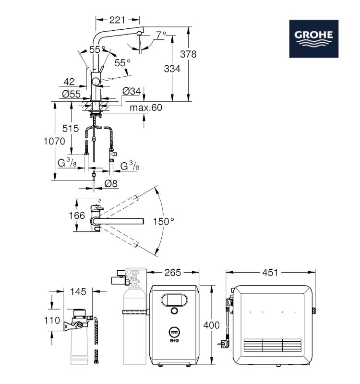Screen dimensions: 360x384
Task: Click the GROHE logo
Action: click(314, 39)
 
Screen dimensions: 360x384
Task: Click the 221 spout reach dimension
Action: click(117, 20)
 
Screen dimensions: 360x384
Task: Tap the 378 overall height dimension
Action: click(188, 54)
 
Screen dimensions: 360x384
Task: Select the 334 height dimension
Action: click(172, 69)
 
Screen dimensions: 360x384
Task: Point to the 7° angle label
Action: click(161, 35)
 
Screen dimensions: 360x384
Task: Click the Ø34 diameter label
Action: click(132, 91)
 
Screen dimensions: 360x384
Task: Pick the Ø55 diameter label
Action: click(71, 94)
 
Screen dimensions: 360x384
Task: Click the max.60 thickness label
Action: click(146, 108)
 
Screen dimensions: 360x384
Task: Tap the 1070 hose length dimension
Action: click(54, 141)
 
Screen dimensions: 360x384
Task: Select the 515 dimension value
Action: click(71, 128)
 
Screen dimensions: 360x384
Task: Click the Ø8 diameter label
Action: click(111, 183)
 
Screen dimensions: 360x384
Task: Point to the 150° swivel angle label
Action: click(163, 222)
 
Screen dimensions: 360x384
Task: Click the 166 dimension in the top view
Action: click(77, 216)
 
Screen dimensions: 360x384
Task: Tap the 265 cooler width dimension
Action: click(173, 272)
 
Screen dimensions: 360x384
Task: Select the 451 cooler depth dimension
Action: click(270, 272)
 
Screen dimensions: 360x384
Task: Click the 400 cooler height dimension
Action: click(211, 325)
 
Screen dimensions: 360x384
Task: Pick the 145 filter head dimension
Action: click(78, 292)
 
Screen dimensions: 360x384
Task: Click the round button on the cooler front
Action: click(174, 311)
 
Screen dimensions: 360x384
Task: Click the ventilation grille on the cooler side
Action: click(273, 345)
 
